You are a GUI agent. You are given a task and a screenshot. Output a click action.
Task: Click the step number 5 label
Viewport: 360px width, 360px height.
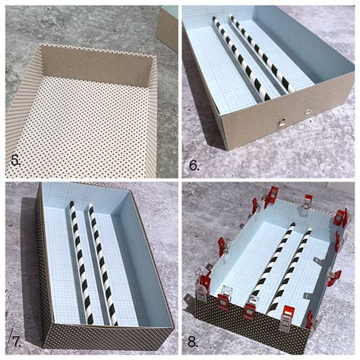(x=15, y=160)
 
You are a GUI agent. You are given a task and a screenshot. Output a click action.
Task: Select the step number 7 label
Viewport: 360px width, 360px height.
(x=17, y=342)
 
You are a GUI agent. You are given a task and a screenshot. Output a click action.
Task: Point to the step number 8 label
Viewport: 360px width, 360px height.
(x=193, y=343)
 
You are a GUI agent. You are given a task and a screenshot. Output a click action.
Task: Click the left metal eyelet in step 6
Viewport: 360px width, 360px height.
(x=282, y=123)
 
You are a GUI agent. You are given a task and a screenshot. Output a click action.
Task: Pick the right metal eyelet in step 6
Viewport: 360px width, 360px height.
(x=308, y=112)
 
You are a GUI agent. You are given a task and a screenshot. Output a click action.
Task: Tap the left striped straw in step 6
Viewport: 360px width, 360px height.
(x=241, y=58)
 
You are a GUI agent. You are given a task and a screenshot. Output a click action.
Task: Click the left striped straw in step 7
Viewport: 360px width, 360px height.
(x=81, y=264)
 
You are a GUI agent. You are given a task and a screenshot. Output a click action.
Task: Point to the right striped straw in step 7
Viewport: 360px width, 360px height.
(x=103, y=264)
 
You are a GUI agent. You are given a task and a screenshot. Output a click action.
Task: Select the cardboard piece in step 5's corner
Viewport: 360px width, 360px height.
(x=168, y=28)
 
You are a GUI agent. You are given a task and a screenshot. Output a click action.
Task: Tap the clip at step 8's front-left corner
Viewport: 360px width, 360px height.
(x=201, y=289)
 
